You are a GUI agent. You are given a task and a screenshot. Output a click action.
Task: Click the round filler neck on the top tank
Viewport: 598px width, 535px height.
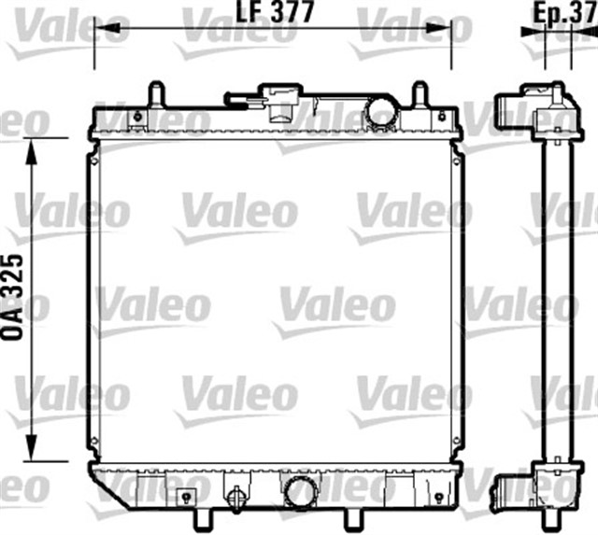point(380,112)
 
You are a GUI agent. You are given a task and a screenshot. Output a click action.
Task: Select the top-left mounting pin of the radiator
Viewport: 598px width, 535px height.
point(156,95)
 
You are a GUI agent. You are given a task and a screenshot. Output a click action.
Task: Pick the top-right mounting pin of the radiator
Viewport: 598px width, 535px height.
point(420,95)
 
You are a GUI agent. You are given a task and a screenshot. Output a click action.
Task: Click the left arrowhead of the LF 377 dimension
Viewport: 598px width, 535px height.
point(100,29)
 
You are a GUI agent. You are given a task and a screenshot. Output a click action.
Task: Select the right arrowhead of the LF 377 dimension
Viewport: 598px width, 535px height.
point(447,29)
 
